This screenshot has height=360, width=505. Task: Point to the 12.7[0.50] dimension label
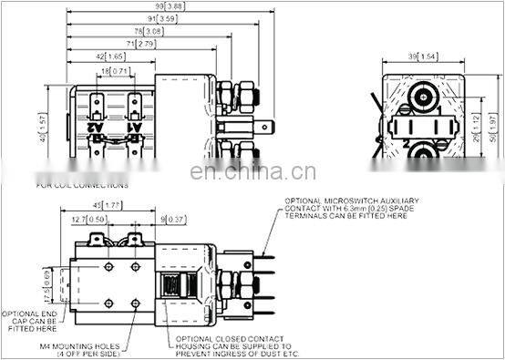[86, 220]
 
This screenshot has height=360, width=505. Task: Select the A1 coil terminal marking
[135, 128]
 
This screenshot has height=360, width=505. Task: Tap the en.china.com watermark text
[252, 172]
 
